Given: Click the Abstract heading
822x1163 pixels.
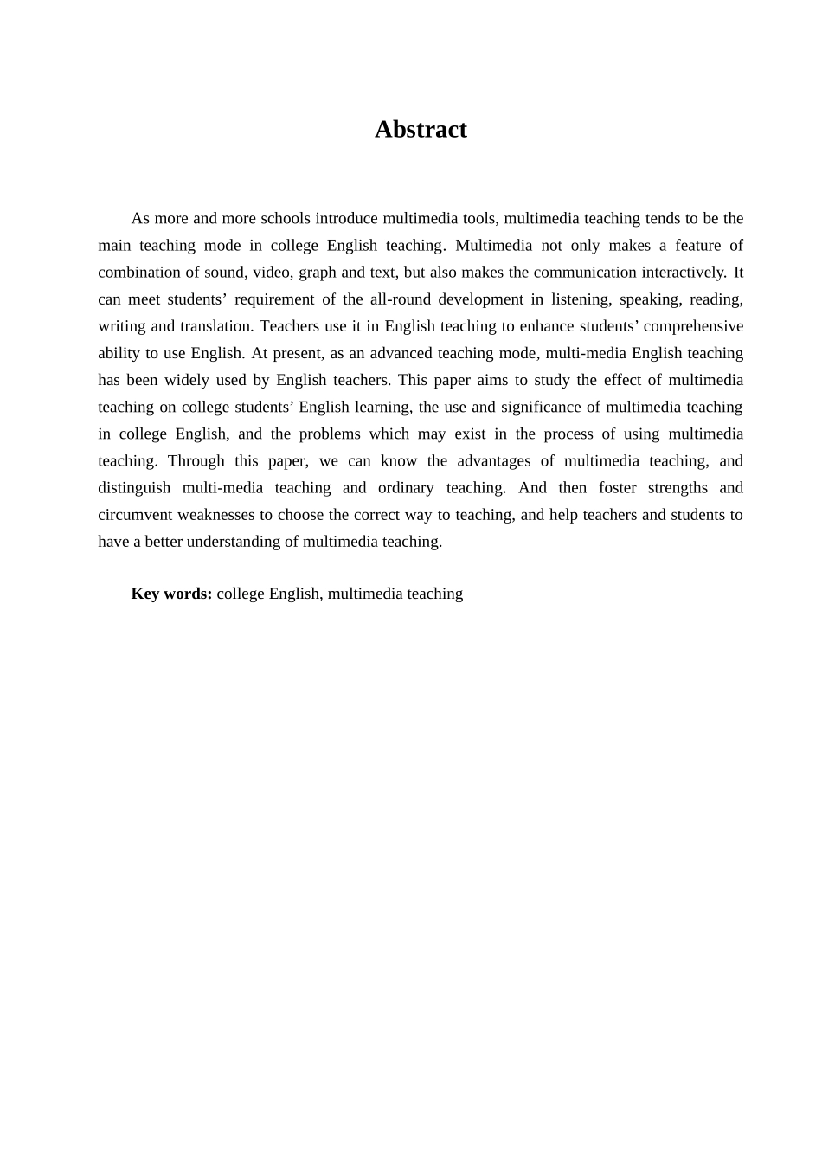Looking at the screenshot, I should coord(421,130).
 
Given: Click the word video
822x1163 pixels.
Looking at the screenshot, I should coord(272,273).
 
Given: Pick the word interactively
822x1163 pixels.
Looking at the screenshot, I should coord(679,273).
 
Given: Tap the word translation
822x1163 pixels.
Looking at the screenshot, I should coord(215,326).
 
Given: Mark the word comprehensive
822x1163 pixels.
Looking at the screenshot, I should coord(693,326).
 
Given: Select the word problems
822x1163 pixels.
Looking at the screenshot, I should coord(328,434).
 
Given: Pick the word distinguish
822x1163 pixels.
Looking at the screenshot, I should coord(134,487).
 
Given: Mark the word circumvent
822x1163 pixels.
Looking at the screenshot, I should coord(136,515).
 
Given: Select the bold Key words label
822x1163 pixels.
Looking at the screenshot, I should coord(171,594).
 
